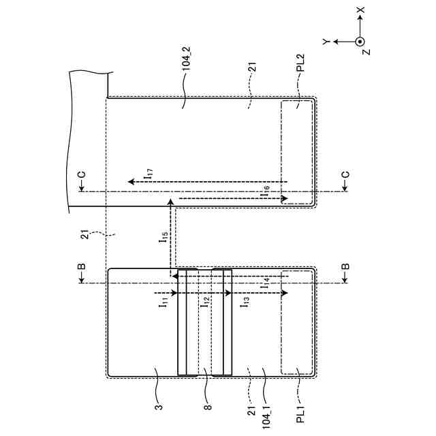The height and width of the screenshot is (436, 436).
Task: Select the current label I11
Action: point(165,305)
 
